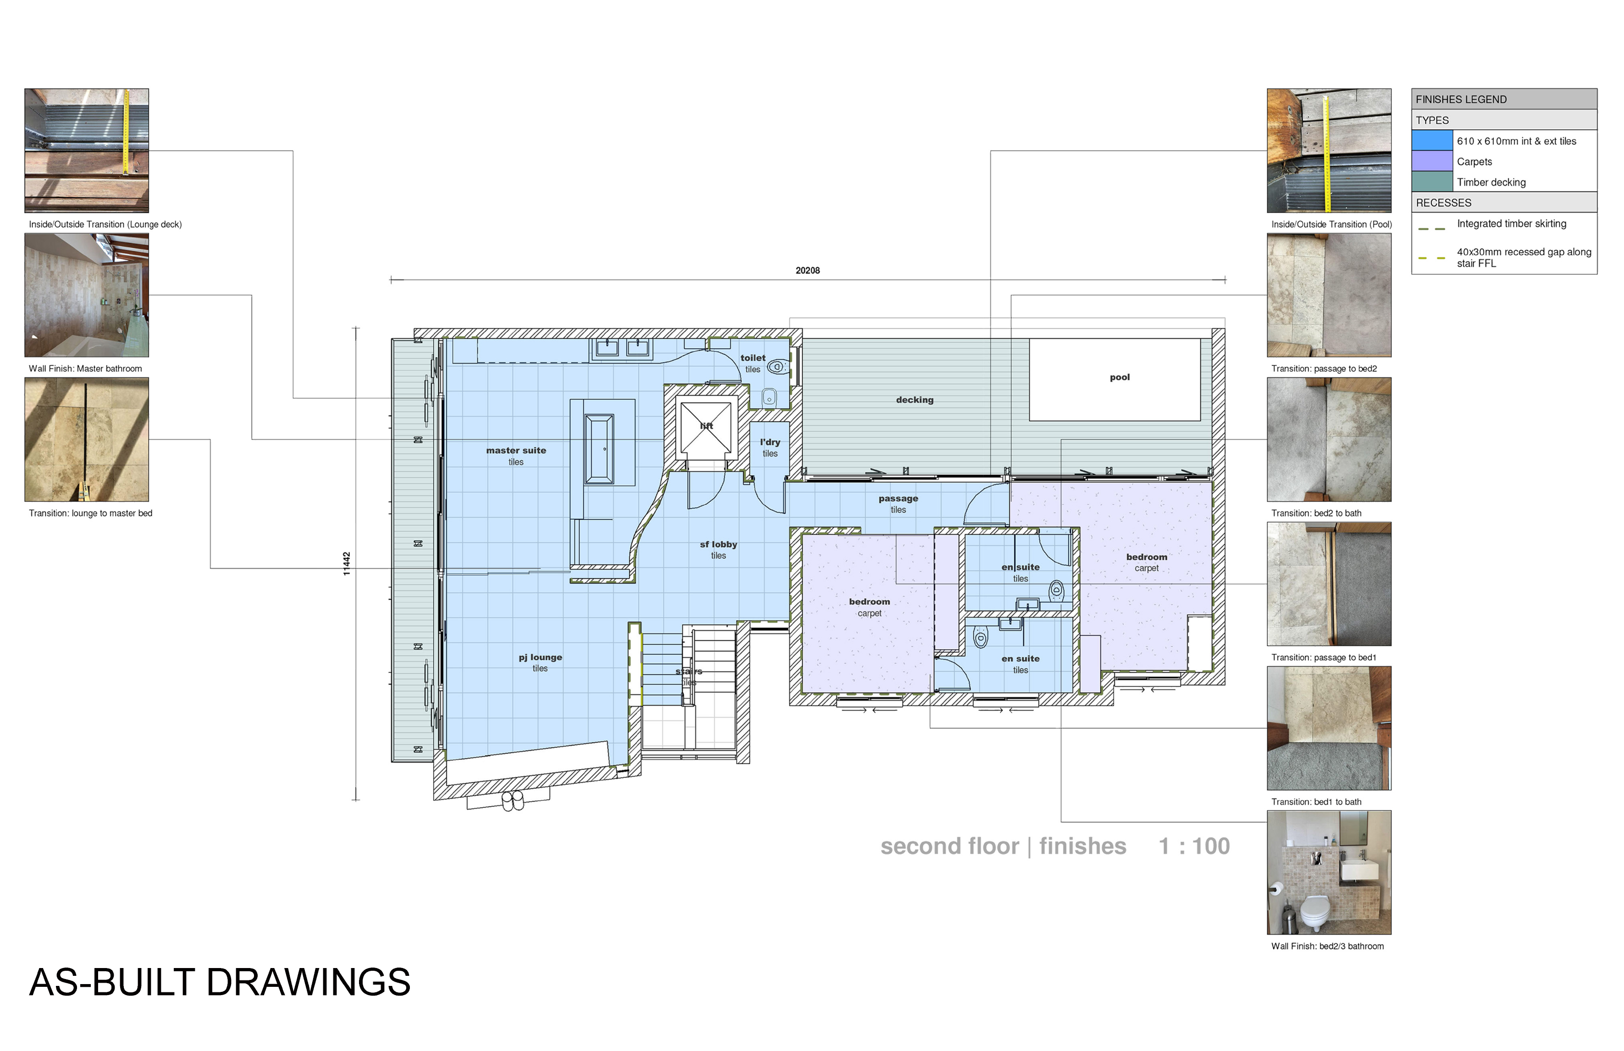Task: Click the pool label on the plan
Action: point(1119,377)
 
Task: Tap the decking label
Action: point(914,400)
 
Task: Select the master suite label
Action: point(516,450)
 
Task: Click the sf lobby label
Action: point(718,544)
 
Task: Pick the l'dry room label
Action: point(770,442)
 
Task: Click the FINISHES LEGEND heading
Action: point(1461,99)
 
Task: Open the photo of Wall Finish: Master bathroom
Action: point(87,295)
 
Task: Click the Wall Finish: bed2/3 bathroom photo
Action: point(1329,872)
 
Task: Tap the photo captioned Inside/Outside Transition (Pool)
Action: point(1329,151)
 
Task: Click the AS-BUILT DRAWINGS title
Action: point(220,982)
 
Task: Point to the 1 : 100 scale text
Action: point(1194,847)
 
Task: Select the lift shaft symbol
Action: point(706,427)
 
